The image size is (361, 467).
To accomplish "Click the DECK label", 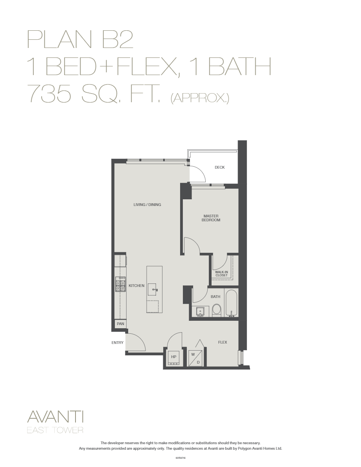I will tap(219, 167).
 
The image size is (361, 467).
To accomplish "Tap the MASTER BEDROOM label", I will tap(211, 218).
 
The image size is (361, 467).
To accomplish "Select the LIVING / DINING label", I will tap(147, 205).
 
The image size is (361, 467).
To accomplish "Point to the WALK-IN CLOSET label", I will tap(221, 274).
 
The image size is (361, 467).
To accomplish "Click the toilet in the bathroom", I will tap(216, 310).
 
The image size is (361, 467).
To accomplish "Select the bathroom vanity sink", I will tap(201, 311).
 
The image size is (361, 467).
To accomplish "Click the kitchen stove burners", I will tap(120, 284).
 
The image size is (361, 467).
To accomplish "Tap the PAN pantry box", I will tap(120, 324).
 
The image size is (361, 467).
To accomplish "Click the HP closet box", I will tap(173, 357).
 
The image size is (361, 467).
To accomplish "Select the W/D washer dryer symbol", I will tap(196, 358).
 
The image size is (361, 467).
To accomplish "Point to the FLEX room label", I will tap(223, 342).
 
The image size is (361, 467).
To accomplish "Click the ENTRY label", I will tap(118, 343).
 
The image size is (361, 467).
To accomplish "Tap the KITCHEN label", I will tap(136, 286).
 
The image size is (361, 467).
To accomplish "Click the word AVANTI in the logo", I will tap(55, 417).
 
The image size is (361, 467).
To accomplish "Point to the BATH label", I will tap(215, 297).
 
